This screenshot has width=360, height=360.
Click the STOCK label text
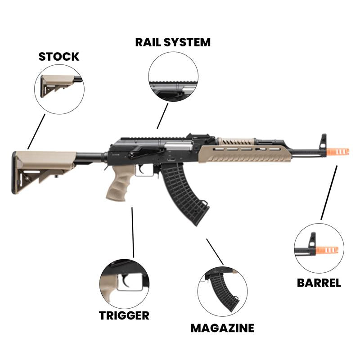pos(58,57)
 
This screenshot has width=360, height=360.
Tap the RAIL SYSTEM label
pos(173,43)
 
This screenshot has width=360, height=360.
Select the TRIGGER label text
pos(124,315)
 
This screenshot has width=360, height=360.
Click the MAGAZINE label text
pos(222,328)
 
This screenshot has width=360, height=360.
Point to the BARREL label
pos(319,283)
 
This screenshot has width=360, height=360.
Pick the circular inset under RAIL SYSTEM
pos(173,76)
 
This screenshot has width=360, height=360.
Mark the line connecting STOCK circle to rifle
pos(36,131)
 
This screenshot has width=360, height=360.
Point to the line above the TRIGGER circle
pos(133,232)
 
